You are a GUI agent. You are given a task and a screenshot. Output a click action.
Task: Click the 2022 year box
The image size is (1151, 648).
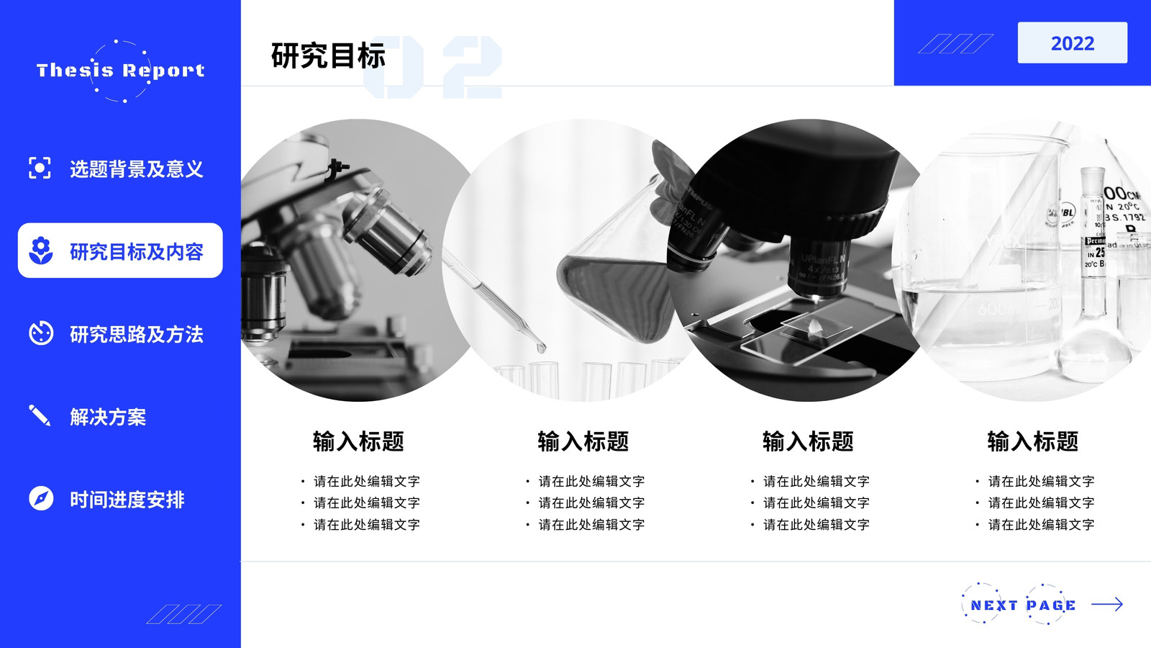tap(1073, 42)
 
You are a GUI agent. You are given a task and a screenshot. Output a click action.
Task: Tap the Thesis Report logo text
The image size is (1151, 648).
tap(121, 71)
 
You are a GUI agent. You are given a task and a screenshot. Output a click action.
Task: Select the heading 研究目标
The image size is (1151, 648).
tap(328, 55)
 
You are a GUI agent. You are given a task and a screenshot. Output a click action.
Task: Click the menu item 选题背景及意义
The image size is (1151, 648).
tap(137, 168)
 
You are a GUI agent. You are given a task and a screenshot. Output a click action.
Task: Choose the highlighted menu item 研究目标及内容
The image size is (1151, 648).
tap(137, 251)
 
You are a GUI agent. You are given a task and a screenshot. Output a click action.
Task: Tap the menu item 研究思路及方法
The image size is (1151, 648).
tap(137, 334)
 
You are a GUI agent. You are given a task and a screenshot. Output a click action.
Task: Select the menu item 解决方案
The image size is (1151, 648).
tap(108, 417)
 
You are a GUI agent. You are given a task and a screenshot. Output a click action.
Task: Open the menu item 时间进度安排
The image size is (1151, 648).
tap(127, 500)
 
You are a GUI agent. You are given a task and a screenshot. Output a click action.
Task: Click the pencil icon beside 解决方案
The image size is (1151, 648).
tap(40, 415)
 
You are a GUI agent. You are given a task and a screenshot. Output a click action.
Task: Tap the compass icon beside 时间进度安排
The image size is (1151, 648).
tap(41, 498)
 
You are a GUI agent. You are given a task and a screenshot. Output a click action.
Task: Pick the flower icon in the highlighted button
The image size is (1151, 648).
tap(41, 251)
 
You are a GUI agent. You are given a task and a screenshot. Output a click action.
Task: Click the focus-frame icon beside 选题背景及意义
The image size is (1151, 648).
tap(40, 168)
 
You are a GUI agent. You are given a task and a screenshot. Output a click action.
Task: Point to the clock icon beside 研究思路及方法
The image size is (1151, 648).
tap(41, 333)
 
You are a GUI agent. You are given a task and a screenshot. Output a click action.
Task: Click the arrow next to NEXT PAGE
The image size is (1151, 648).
tap(1107, 604)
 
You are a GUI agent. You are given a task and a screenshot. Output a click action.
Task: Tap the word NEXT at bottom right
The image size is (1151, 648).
tap(993, 606)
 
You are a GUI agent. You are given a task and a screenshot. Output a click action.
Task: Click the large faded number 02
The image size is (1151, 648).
tap(432, 67)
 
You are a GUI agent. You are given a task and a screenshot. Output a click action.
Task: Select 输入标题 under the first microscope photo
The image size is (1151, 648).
tap(359, 441)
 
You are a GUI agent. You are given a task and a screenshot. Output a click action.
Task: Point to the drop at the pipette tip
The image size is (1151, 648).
tap(540, 348)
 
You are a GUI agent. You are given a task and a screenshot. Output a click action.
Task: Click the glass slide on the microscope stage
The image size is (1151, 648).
tap(813, 328)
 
